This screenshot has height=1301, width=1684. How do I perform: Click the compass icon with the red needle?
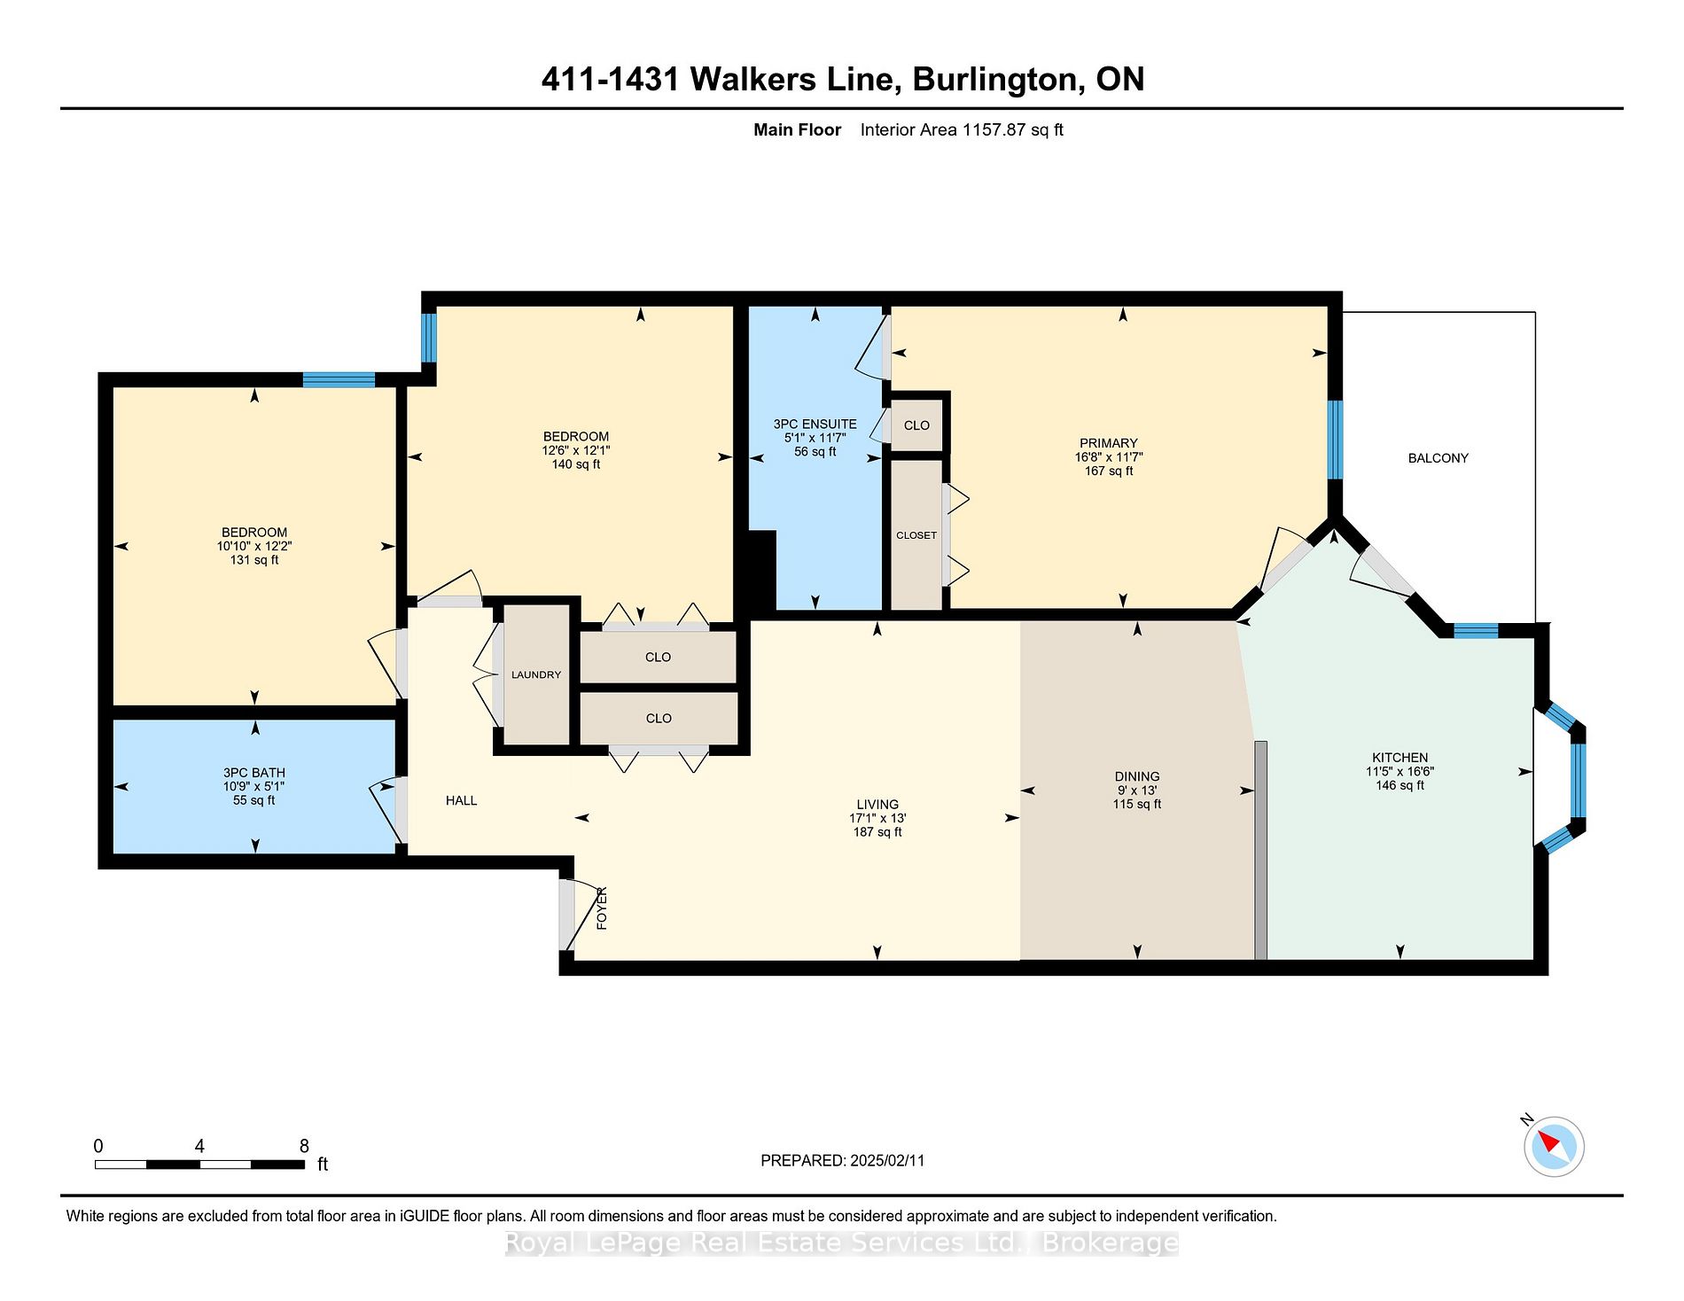pos(1554,1147)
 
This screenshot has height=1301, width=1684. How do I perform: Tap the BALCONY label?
pos(1438,458)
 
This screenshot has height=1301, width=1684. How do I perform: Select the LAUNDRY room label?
pos(536,674)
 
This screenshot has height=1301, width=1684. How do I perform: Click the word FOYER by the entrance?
pos(602,908)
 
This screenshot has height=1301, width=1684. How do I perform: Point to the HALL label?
pos(461,800)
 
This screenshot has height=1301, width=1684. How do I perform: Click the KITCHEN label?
pos(1399,758)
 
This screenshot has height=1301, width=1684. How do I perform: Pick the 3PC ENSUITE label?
pos(815,425)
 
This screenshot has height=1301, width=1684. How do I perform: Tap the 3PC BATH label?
pos(254,773)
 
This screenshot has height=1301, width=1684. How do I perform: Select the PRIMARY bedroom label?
pos(1108,443)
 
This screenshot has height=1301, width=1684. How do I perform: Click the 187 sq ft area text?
pos(877,832)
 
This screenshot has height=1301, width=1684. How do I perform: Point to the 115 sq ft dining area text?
pos(1137,804)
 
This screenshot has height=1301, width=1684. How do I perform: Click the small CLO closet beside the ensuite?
pos(916,425)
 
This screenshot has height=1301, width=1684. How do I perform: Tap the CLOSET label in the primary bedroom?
pos(916,535)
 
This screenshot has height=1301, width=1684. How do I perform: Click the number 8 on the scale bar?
pos(304,1146)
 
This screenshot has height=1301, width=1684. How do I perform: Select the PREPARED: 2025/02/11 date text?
pos(842,1160)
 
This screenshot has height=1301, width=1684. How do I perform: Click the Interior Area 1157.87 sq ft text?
pos(962,129)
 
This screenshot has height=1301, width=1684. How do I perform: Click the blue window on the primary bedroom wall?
pos(1335,440)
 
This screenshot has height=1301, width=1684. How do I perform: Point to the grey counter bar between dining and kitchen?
pos(1260,850)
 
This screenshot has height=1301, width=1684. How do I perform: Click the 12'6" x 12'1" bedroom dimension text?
pos(576,450)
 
